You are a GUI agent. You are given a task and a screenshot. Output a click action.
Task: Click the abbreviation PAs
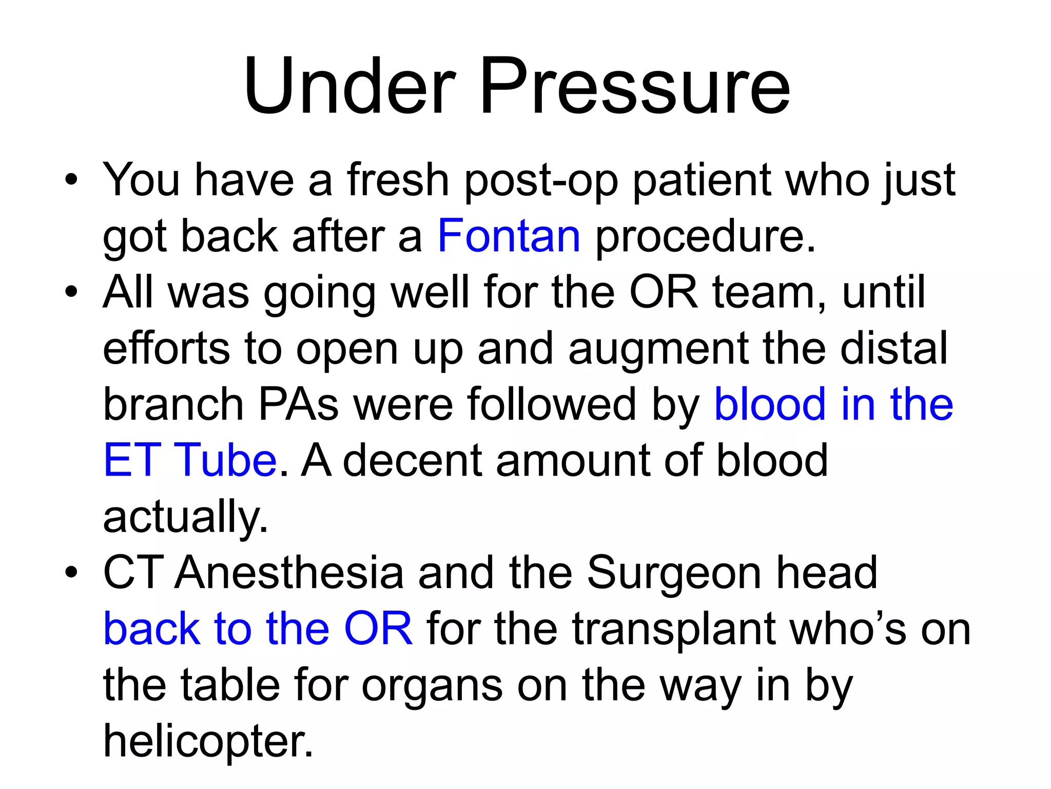click(298, 404)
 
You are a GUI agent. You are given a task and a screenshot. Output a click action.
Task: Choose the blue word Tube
click(225, 460)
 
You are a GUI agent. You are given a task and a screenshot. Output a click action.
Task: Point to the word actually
click(185, 517)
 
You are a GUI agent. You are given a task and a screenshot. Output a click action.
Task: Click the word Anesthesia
click(289, 572)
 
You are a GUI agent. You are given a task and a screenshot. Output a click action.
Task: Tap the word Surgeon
click(674, 573)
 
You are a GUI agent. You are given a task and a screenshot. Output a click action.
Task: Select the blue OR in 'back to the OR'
click(378, 629)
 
